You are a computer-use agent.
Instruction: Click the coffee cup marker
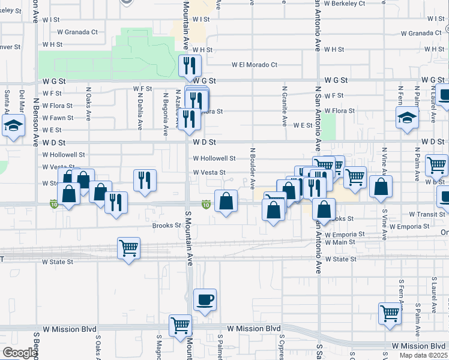[205, 299]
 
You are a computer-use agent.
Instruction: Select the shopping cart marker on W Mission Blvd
[180, 326]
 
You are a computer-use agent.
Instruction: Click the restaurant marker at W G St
[190, 65]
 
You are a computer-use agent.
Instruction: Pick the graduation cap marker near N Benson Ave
[12, 127]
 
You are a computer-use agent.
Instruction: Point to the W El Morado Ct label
[255, 65]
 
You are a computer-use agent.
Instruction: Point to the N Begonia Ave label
[165, 109]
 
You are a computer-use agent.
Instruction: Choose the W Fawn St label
[58, 118]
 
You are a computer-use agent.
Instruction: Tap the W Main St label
[340, 242]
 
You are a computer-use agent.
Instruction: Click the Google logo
[20, 353]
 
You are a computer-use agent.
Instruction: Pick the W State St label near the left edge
[58, 262]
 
